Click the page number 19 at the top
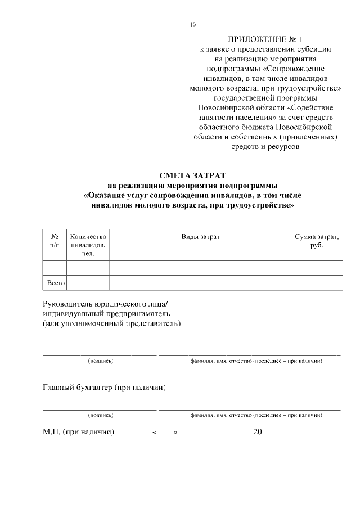click(x=193, y=25)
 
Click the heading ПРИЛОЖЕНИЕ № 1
click(x=265, y=39)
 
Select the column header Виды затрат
click(x=200, y=237)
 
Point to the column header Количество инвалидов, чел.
click(x=88, y=245)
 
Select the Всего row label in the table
click(x=55, y=283)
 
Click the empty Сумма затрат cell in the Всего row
click(x=317, y=283)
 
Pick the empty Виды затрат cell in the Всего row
click(x=200, y=283)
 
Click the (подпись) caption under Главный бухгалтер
click(x=101, y=415)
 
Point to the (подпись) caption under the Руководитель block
click(x=101, y=361)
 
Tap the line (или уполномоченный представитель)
click(x=112, y=324)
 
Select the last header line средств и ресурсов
click(x=265, y=147)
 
